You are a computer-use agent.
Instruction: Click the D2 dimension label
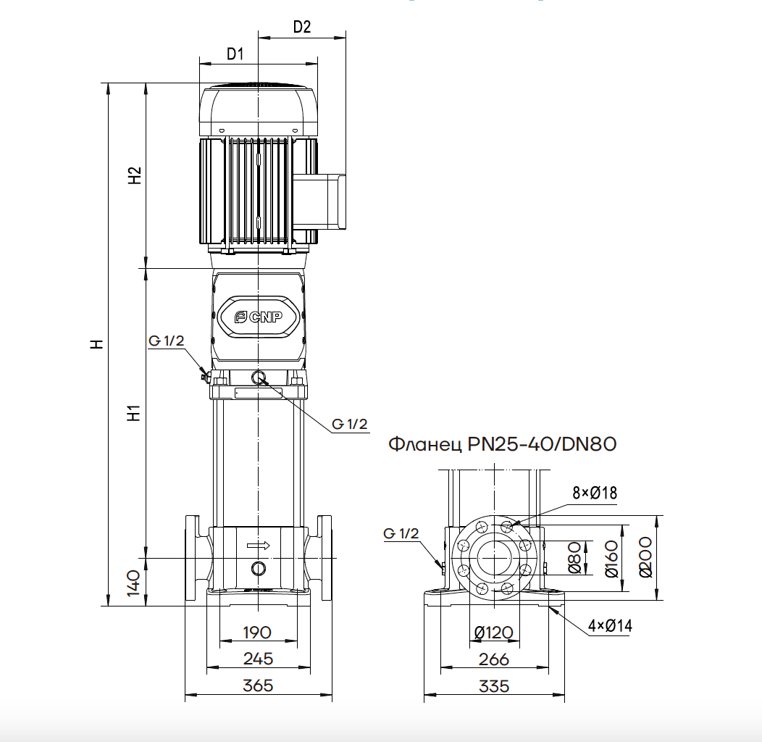(x=302, y=27)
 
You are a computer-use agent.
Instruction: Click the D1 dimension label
(x=235, y=54)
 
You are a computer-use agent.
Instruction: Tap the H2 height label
(x=134, y=175)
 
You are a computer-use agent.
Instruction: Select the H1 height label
(x=134, y=413)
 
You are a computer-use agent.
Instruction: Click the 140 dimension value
(x=134, y=583)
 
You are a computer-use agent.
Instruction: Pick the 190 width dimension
(x=257, y=633)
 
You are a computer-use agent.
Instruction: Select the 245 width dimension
(x=258, y=659)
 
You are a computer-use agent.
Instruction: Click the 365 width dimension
(x=258, y=685)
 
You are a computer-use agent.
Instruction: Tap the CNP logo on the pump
(x=258, y=317)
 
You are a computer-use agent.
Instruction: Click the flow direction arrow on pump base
(x=258, y=546)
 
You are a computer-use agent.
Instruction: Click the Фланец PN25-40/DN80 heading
(x=503, y=444)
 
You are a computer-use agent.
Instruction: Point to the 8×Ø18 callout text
(x=595, y=493)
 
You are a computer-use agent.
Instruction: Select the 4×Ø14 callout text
(x=610, y=625)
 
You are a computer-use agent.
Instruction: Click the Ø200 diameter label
(x=645, y=557)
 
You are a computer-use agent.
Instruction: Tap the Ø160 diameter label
(x=611, y=559)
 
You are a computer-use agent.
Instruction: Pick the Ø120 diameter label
(x=494, y=633)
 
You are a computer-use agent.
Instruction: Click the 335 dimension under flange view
(x=494, y=686)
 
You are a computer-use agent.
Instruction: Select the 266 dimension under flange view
(x=494, y=659)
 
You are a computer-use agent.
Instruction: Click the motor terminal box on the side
(x=319, y=201)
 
